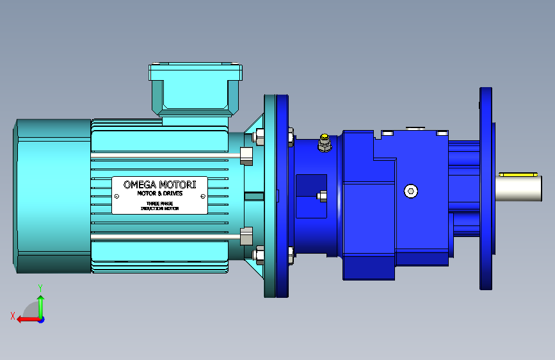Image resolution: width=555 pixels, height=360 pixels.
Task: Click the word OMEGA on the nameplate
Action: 140,184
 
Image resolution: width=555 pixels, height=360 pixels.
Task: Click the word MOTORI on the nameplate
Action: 177,184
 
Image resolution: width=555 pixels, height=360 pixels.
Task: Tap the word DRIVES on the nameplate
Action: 173,193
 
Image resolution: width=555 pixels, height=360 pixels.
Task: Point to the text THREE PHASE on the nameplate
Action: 159,204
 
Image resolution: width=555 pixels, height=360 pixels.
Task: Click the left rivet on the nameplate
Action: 117,196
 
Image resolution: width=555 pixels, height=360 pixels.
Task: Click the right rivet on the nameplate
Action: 203,196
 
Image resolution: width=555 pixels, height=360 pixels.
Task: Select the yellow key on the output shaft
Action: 518,174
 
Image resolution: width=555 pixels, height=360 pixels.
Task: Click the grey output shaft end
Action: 518,188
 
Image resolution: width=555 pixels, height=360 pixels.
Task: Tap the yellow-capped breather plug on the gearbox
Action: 325,142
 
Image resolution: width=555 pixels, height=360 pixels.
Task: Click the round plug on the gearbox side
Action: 410,192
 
